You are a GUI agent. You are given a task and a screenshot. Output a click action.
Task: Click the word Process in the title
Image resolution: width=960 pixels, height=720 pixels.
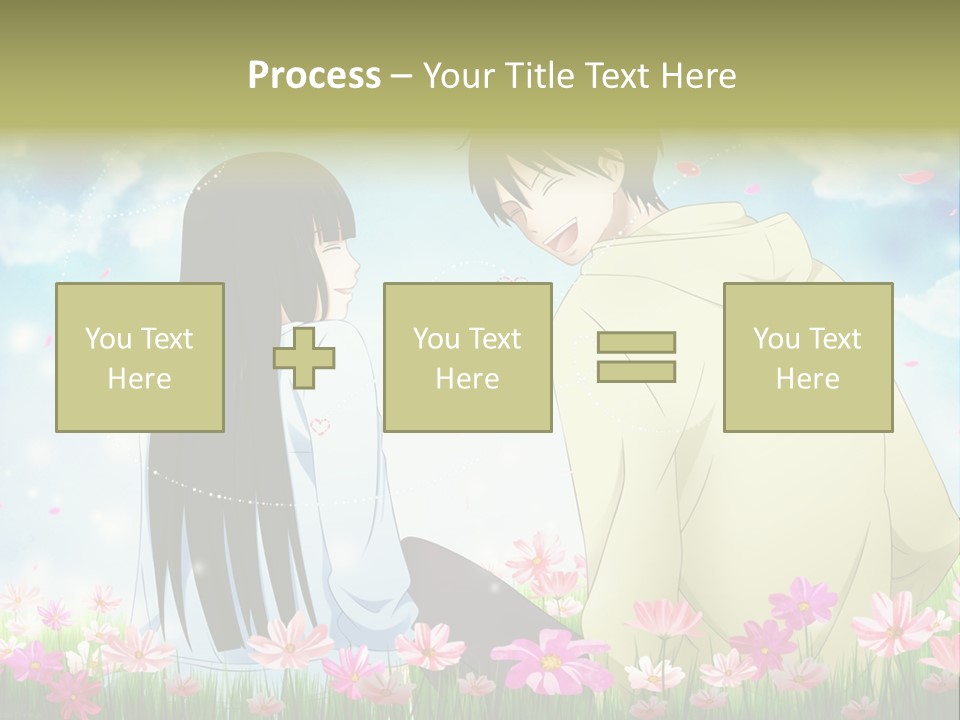click(x=314, y=76)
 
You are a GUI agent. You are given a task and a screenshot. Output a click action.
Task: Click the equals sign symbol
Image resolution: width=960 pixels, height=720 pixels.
click(x=636, y=357)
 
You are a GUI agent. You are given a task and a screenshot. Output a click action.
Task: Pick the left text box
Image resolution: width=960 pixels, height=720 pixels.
click(x=140, y=357)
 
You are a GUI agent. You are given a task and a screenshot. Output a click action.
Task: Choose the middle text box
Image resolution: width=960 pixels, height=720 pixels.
click(x=467, y=357)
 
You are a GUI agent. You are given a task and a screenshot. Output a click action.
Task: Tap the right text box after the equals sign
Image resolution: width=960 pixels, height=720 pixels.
click(x=807, y=357)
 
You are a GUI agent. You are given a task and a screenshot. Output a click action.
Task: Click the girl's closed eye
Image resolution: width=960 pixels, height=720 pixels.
click(x=328, y=241)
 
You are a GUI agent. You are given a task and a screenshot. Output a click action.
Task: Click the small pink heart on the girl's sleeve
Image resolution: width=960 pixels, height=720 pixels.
click(x=320, y=425)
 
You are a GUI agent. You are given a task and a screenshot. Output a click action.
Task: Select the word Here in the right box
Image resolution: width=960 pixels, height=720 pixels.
click(x=807, y=379)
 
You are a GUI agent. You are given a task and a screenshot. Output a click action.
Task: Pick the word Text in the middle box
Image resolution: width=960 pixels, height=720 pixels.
click(x=495, y=339)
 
